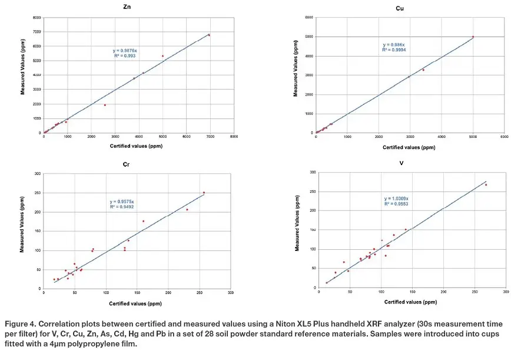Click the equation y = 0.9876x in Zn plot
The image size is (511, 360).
[124, 51]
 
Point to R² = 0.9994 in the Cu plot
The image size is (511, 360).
[394, 50]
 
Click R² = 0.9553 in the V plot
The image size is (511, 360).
[396, 204]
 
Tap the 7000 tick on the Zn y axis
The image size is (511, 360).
[36, 32]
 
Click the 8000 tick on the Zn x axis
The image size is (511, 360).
[234, 137]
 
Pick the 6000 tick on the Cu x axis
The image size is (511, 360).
[504, 137]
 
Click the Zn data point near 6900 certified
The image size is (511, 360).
[208, 35]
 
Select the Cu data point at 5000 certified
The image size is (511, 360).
[473, 37]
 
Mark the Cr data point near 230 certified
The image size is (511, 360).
[187, 209]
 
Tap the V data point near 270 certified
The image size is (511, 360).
[486, 185]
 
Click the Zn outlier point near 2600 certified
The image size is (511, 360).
[105, 105]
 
